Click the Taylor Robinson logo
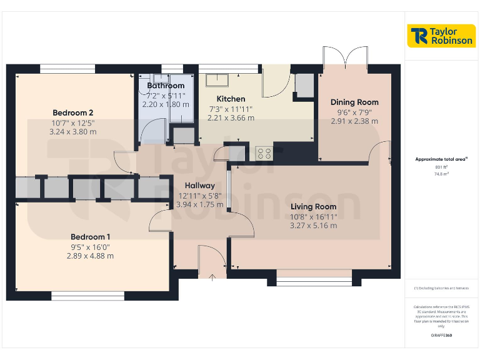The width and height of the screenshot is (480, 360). coord(441,36)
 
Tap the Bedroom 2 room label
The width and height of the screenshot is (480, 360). coord(73,113)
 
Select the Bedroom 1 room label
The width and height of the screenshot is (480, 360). coord(90,237)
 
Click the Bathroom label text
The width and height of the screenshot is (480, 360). coord(166,86)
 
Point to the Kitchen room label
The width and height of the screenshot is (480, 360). coord(231,99)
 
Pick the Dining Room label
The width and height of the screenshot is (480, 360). coord(354,102)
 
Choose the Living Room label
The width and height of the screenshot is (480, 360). coord(313,207)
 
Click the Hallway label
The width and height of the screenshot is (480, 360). coord(199,186)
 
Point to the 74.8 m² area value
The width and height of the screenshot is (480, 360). coord(442,174)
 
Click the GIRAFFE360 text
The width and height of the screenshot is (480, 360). coord(442,336)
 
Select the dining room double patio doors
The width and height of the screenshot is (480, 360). coord(344,56)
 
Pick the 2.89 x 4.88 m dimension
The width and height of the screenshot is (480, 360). coord(90,256)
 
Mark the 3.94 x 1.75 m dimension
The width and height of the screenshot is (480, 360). coord(199,204)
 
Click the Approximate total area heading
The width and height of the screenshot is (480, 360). coord(441,159)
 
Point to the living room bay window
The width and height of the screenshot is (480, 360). coord(310,279)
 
